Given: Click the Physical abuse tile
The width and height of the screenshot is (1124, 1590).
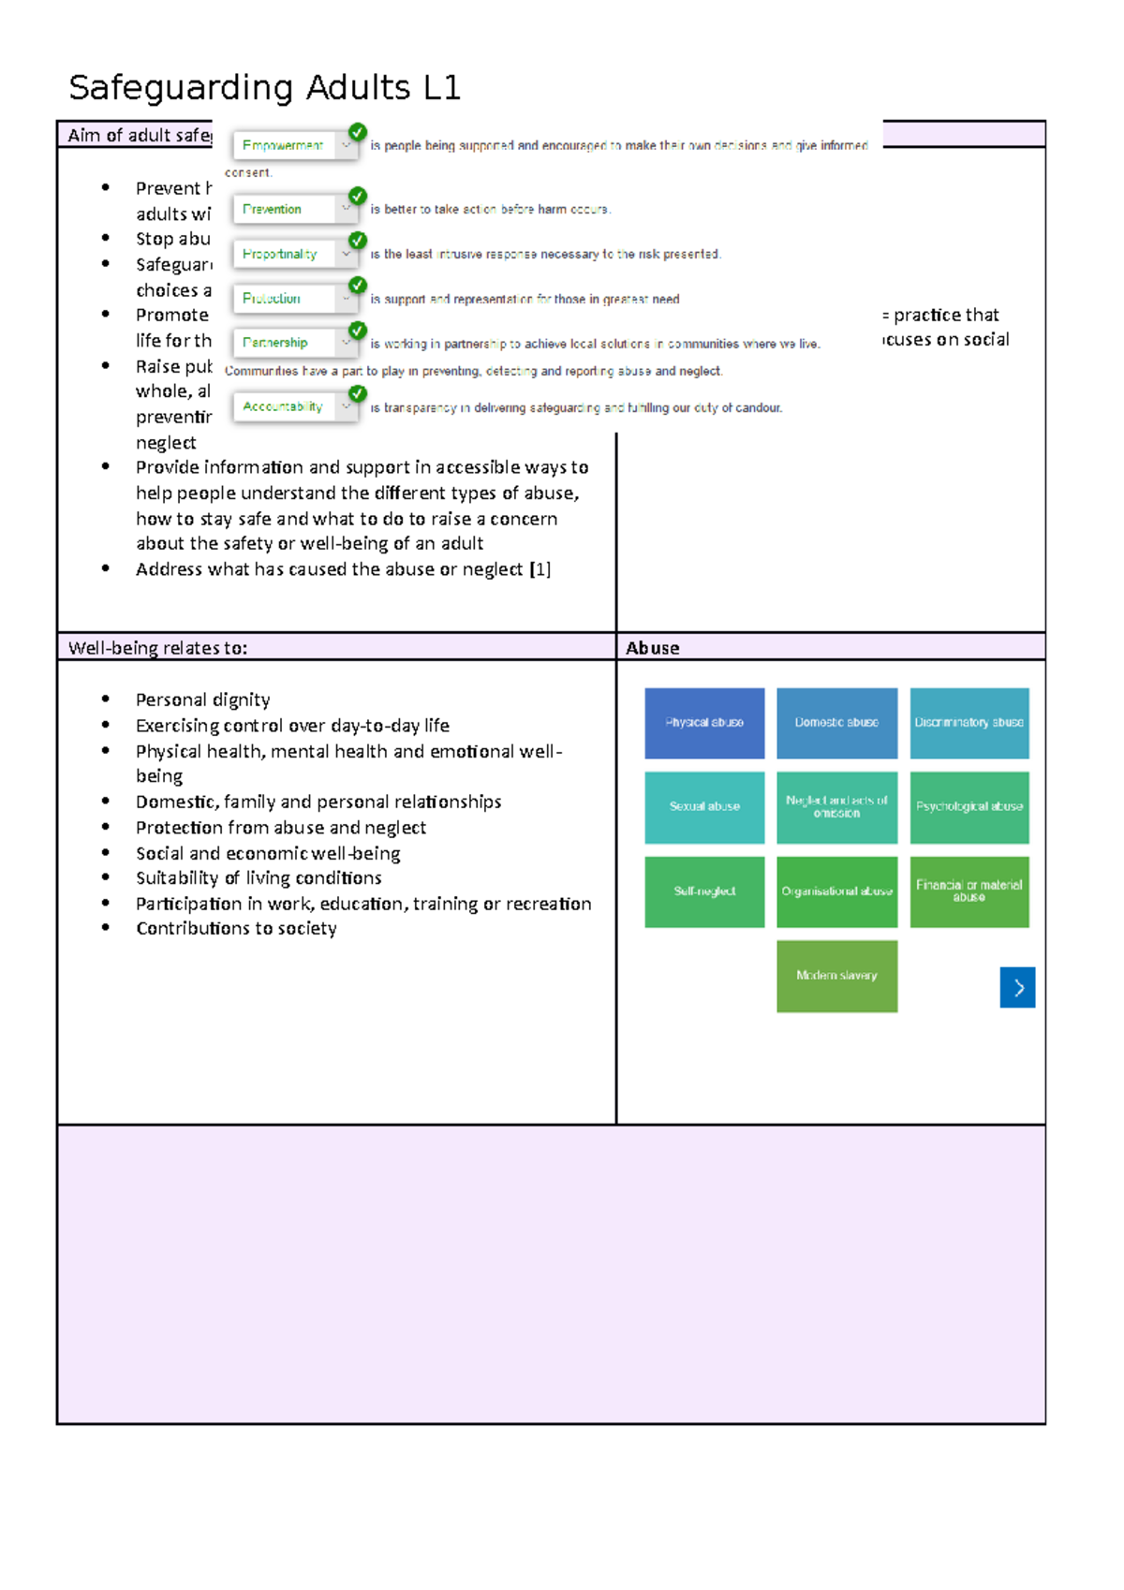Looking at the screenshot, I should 704,723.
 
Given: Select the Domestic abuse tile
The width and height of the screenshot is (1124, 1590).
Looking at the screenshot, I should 836,723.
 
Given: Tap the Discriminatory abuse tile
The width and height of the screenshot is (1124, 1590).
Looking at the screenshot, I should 969,723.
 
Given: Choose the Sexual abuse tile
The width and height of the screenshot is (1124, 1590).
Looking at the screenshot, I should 704,807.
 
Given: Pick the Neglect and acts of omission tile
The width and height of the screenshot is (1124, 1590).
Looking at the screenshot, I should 836,807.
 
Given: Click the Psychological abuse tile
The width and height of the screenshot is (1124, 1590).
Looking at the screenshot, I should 969,807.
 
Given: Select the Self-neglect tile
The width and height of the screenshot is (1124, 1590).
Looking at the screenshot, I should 704,891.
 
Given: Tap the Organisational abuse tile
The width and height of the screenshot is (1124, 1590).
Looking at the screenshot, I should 836,891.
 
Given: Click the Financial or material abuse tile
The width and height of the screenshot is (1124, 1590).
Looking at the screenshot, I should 969,891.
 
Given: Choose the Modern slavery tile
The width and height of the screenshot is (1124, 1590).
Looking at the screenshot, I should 836,976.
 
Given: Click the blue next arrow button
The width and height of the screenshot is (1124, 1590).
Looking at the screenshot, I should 1017,987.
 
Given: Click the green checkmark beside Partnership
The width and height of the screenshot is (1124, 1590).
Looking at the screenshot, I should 357,331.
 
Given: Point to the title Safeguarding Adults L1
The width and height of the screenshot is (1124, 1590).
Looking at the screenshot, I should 264,88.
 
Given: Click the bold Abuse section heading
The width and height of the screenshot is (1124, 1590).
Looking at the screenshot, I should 653,648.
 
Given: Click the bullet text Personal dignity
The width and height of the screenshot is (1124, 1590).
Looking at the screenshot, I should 202,700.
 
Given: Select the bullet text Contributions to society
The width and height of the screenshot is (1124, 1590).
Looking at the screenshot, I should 236,929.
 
